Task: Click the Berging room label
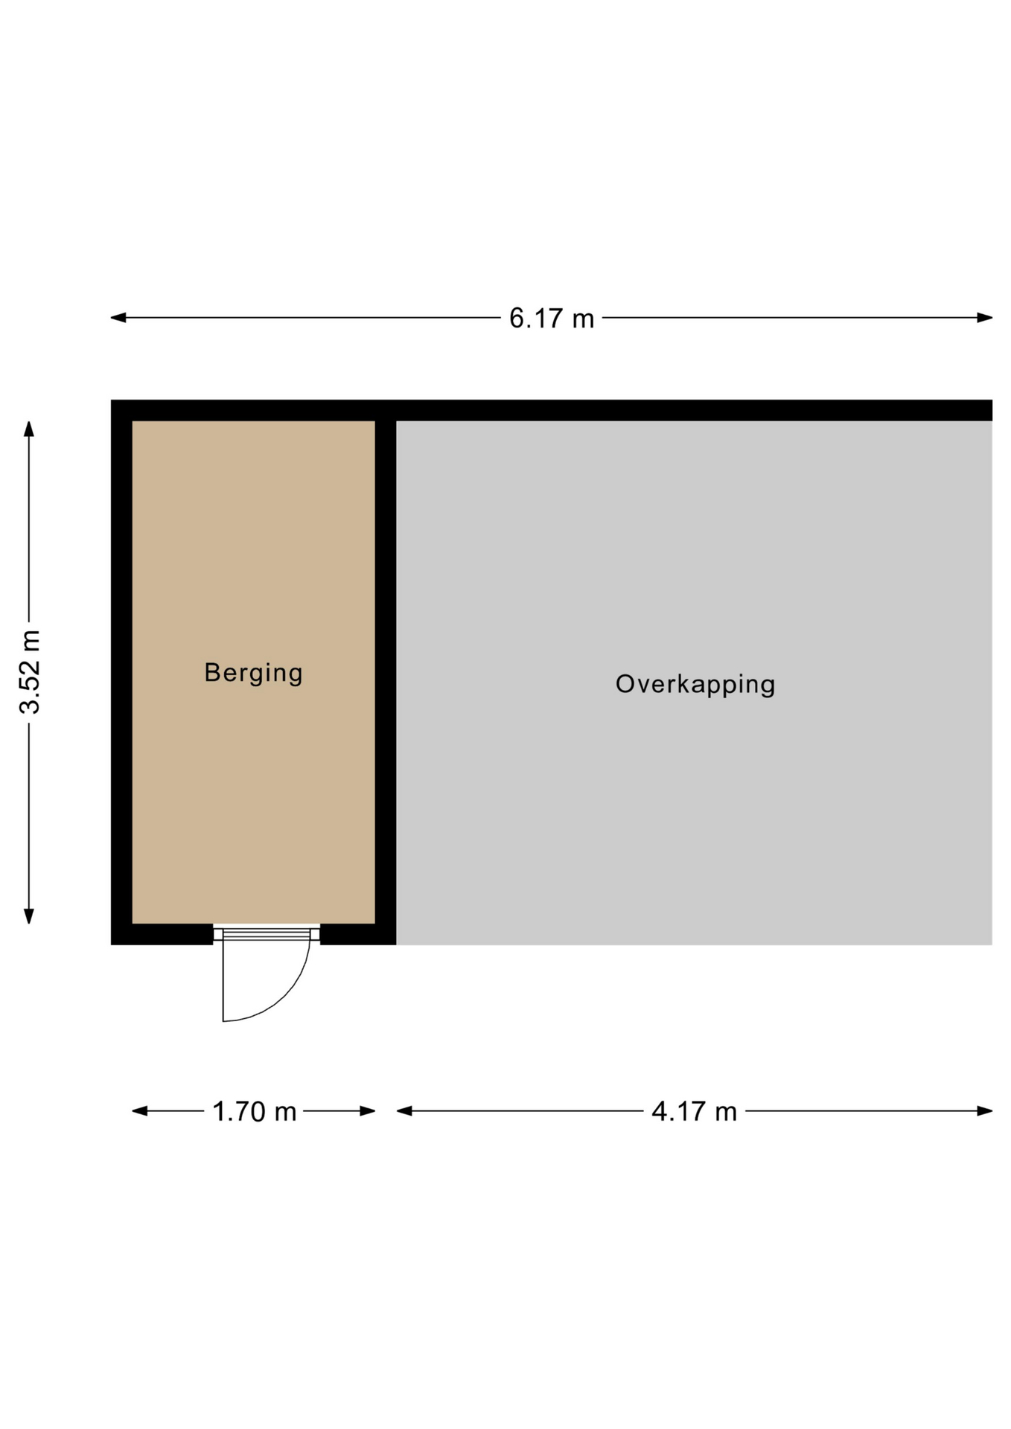[x=253, y=674]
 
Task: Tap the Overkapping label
[x=695, y=685]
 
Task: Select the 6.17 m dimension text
[x=552, y=319]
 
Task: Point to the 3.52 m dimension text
[x=30, y=672]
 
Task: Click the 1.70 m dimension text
[x=255, y=1112]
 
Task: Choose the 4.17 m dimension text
[x=694, y=1112]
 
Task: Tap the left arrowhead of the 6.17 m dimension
[x=118, y=318]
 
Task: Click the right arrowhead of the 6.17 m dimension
[x=984, y=318]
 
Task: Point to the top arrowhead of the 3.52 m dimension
[x=29, y=429]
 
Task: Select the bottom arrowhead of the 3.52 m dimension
[x=29, y=916]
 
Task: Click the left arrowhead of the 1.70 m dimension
[x=140, y=1111]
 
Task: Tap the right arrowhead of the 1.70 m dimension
[x=367, y=1111]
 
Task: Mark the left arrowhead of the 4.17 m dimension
[x=404, y=1111]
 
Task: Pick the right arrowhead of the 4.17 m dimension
[x=984, y=1111]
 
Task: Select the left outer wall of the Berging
[x=121, y=672]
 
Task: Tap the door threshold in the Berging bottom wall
[x=267, y=933]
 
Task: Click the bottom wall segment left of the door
[x=162, y=935]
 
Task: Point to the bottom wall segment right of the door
[x=358, y=935]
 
